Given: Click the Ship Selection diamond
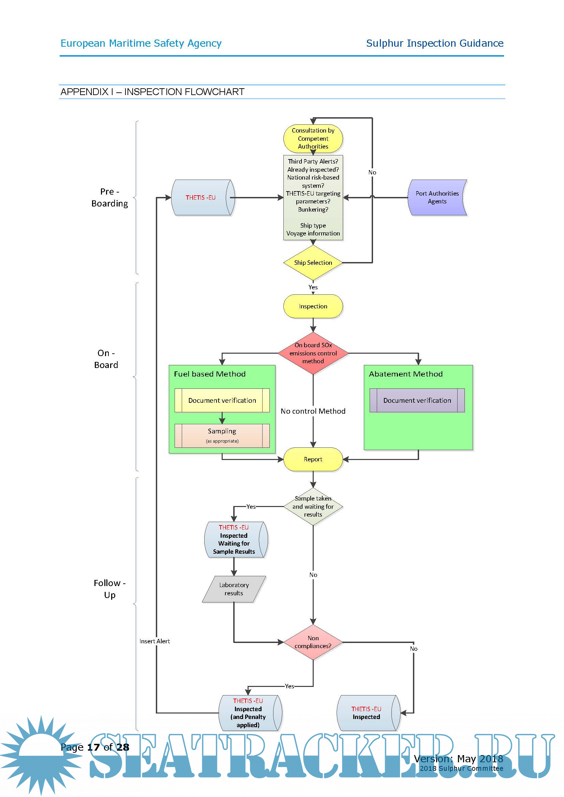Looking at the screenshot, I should (x=313, y=263).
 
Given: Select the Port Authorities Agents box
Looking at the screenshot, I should (x=437, y=198).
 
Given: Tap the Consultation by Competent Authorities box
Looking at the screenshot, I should (x=313, y=138).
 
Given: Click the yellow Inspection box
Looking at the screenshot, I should (x=313, y=306).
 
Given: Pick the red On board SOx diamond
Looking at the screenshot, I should (x=313, y=353).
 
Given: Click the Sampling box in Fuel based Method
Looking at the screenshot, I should (x=222, y=435).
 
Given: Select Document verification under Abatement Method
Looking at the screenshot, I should (x=417, y=400).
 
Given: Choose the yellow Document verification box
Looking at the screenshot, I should (x=222, y=400).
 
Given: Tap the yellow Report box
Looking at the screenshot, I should (x=313, y=459).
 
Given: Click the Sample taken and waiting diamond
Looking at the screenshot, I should (x=313, y=506).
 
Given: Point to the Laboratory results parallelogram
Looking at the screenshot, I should (x=234, y=589).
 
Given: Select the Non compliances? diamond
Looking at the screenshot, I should (x=313, y=642).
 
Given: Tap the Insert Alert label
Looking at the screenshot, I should (x=154, y=641).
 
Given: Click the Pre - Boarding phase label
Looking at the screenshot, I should (x=110, y=198).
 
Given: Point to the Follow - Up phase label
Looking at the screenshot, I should (x=110, y=589).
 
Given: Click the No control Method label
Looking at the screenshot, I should (x=313, y=411).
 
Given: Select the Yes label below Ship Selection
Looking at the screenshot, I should (x=313, y=287).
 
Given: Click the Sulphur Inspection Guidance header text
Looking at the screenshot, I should (x=434, y=43).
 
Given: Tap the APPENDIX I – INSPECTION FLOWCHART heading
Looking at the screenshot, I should (x=152, y=92).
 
